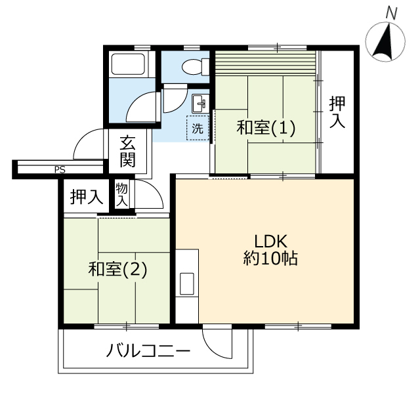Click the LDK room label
270,241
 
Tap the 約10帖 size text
270,259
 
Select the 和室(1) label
266,127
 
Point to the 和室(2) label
118,269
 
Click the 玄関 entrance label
127,152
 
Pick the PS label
60,170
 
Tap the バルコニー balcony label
148,350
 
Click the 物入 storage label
121,195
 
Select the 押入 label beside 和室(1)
337,112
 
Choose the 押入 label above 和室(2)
87,197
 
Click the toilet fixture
196,66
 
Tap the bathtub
129,64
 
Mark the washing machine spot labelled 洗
198,128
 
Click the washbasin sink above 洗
200,103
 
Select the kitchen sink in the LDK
187,284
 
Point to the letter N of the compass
391,14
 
